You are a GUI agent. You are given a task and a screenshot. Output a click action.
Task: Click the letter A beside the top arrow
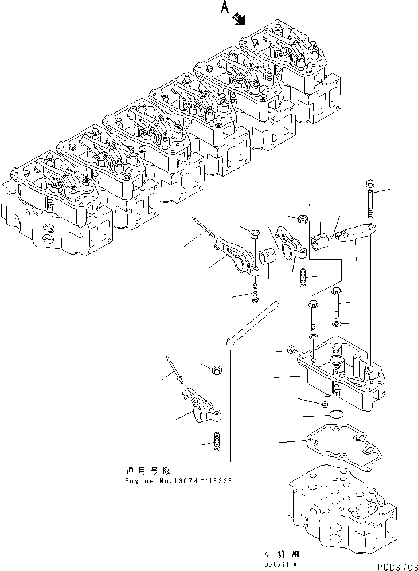tap(225, 7)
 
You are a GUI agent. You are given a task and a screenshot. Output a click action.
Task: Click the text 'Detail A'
tap(281, 564)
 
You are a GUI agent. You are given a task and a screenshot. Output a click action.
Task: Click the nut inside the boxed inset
tap(216, 369)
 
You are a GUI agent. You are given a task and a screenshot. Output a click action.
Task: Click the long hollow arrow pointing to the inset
tap(253, 324)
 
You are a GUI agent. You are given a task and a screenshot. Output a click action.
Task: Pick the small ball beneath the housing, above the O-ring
tap(325, 405)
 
